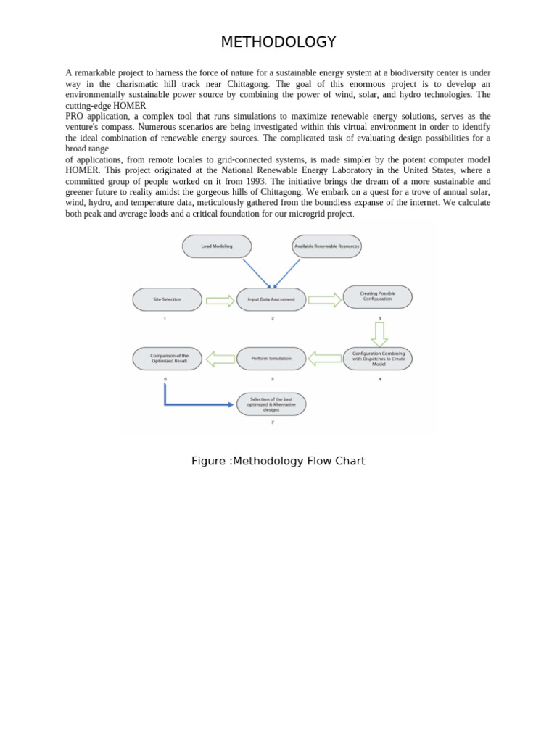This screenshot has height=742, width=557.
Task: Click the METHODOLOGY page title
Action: click(278, 42)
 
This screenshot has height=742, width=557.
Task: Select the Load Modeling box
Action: click(217, 246)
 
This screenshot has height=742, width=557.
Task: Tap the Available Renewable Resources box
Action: click(326, 246)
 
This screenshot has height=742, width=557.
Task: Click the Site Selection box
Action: click(167, 299)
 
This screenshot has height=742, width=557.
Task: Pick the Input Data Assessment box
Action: click(271, 299)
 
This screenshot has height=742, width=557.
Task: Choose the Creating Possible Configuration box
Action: click(377, 296)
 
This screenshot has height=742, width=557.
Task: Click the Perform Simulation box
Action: click(271, 358)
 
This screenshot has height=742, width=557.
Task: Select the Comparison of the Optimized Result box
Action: click(168, 358)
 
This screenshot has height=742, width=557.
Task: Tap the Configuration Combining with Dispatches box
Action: click(378, 358)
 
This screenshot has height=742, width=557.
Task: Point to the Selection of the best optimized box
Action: click(271, 404)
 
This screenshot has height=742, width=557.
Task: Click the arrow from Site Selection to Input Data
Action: click(220, 300)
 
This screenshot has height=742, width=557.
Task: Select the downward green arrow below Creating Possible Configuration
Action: click(379, 333)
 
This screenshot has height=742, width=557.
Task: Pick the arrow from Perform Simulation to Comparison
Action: click(220, 358)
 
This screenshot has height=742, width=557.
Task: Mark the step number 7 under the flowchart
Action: click(272, 422)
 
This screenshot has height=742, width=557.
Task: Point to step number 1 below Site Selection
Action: click(165, 318)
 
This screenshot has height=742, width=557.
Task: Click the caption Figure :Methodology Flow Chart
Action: click(278, 461)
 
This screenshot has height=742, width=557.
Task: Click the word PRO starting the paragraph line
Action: click(74, 116)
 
